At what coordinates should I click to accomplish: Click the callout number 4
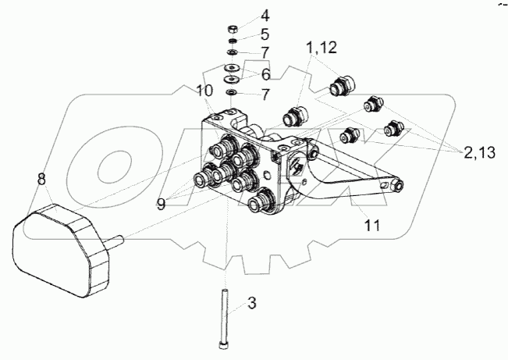click(x=265, y=15)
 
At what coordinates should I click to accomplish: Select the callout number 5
click(x=265, y=34)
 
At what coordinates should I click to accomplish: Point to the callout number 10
click(x=204, y=91)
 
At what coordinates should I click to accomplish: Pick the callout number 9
click(x=160, y=203)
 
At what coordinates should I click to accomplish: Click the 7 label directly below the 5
click(x=265, y=53)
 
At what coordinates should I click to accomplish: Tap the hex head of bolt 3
click(x=225, y=344)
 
